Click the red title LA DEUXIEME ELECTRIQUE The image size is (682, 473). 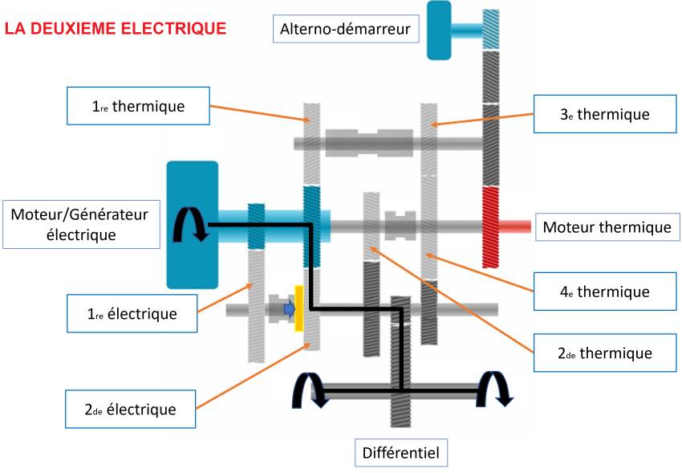pyautogui.click(x=116, y=29)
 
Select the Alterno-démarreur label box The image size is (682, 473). pyautogui.click(x=345, y=31)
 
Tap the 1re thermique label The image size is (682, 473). pyautogui.click(x=138, y=106)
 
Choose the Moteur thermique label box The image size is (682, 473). pyautogui.click(x=607, y=227)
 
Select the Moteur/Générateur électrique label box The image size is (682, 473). pyautogui.click(x=80, y=224)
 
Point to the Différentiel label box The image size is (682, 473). pyautogui.click(x=400, y=452)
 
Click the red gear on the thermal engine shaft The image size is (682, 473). pyautogui.click(x=490, y=227)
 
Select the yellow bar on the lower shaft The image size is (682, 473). pyautogui.click(x=299, y=308)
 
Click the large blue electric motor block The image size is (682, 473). pyautogui.click(x=192, y=225)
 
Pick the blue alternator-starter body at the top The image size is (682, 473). pyautogui.click(x=439, y=30)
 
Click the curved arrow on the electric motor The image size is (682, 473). pyautogui.click(x=192, y=225)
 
